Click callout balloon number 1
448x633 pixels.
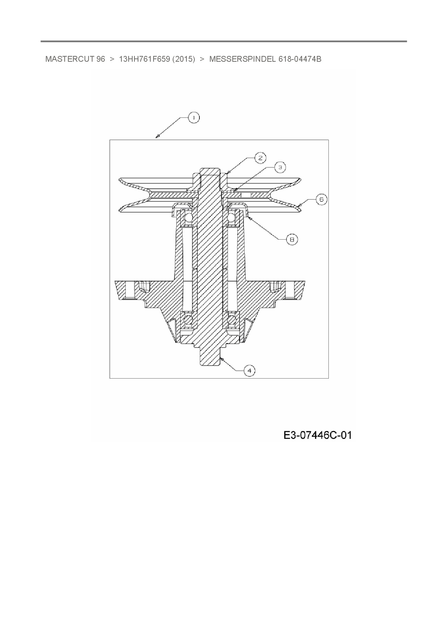tap(194, 118)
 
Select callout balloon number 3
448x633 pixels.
tap(280, 167)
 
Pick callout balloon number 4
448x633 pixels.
tap(249, 370)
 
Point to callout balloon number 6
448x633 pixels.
tap(321, 199)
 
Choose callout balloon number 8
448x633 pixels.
tap(292, 239)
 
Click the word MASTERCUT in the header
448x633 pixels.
tap(70, 59)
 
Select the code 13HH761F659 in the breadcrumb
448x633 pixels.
tap(144, 59)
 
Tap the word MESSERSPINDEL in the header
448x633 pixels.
tap(242, 59)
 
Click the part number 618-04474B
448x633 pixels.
tap(300, 59)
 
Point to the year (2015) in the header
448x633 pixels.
tap(184, 59)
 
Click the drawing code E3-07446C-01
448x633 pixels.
tap(317, 435)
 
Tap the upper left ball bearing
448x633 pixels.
tap(189, 217)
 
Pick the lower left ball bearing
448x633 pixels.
tap(188, 320)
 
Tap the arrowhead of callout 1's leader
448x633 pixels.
tap(157, 136)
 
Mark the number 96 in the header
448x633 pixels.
tap(101, 59)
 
